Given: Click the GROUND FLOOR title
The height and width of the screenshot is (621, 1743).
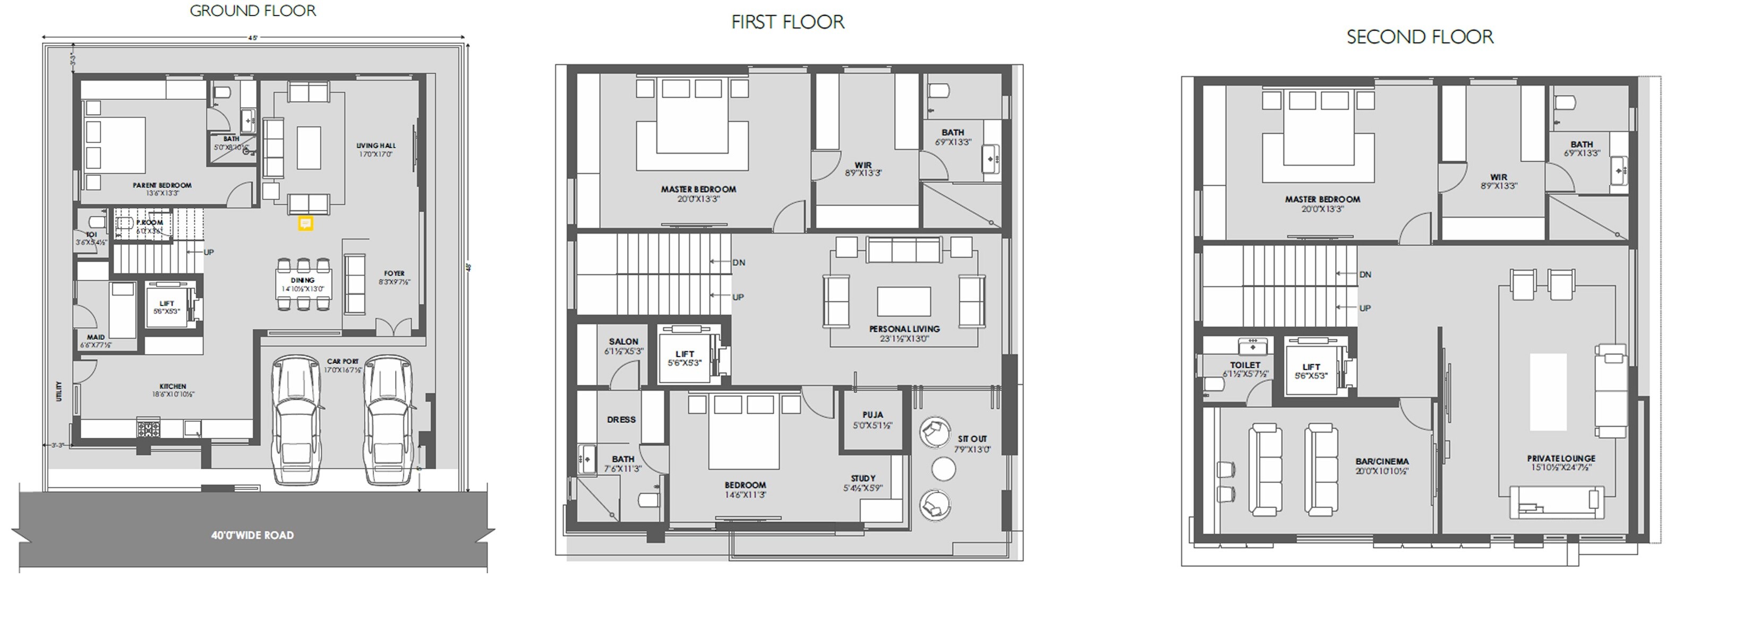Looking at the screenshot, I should [x=252, y=11].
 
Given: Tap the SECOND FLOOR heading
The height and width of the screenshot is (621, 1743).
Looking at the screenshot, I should [x=1420, y=37].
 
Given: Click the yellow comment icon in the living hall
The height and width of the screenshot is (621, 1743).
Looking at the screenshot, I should [x=305, y=223].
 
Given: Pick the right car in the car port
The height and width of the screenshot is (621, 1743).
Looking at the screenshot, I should [x=388, y=419].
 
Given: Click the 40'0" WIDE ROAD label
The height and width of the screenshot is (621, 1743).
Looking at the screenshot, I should [x=252, y=535].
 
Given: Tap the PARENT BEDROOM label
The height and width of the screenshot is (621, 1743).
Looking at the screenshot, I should [x=162, y=185].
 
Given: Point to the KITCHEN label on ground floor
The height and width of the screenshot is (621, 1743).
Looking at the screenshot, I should [x=173, y=386].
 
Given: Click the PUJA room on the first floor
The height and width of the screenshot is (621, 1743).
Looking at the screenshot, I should [x=873, y=419].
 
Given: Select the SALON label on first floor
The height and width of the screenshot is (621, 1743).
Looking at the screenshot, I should [x=623, y=342].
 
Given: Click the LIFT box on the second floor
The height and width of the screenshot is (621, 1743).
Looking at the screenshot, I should [x=1311, y=370].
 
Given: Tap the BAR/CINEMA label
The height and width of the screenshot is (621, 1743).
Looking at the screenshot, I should [x=1382, y=461].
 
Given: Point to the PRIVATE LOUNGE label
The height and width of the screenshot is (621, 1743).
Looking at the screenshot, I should [x=1561, y=458].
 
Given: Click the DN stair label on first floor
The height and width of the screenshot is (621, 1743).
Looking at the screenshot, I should [x=739, y=263].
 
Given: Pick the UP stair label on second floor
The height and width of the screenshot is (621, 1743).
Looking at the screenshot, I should [x=1365, y=308].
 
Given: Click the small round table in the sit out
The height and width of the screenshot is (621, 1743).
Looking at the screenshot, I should [x=943, y=468].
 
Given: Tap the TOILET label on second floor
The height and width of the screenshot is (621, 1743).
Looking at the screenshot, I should [x=1245, y=365].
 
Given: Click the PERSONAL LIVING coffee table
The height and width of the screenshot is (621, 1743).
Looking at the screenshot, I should [x=904, y=300].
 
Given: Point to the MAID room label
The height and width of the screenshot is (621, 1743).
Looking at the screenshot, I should [x=96, y=337].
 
